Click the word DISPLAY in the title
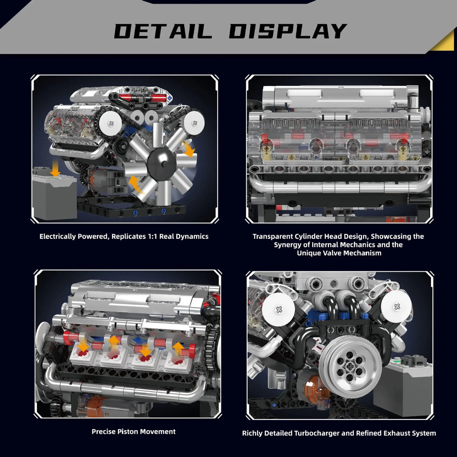click(288, 31)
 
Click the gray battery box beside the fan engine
click(54, 196)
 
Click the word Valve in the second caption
click(344, 253)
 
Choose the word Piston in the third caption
click(128, 432)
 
